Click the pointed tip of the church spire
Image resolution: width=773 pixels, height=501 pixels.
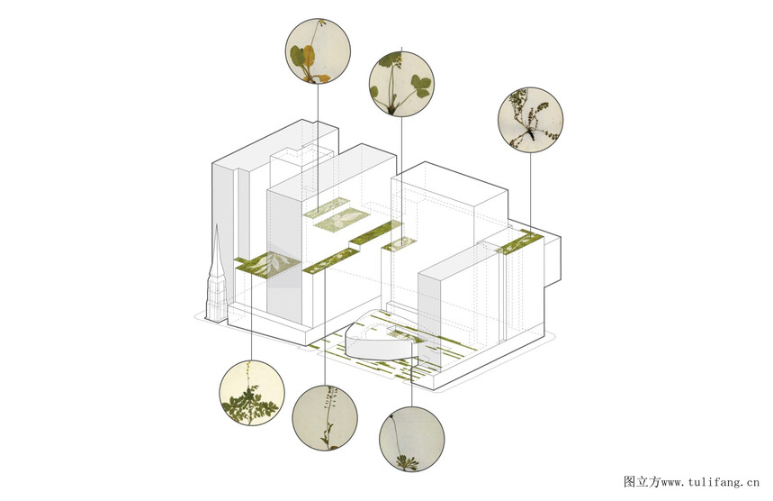click(216, 224)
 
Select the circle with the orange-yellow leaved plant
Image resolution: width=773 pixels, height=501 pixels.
click(318, 50)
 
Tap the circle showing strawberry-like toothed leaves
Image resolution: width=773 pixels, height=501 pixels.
click(401, 84)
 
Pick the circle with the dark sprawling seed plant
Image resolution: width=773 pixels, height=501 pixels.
click(530, 120)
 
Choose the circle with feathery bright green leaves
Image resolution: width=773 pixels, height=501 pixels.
click(252, 393)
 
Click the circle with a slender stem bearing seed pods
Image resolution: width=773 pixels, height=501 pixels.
click(325, 417)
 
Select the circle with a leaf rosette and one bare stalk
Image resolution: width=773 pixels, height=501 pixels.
click(411, 439)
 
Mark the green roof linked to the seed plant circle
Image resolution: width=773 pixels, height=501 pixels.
click(521, 241)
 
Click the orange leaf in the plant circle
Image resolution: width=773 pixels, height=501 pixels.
click(309, 56)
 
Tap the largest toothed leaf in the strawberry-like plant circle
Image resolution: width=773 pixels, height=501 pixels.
click(420, 86)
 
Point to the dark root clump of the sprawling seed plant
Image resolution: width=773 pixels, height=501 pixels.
click(530, 133)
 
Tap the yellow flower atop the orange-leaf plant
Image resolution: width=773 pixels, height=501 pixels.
click(321, 22)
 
